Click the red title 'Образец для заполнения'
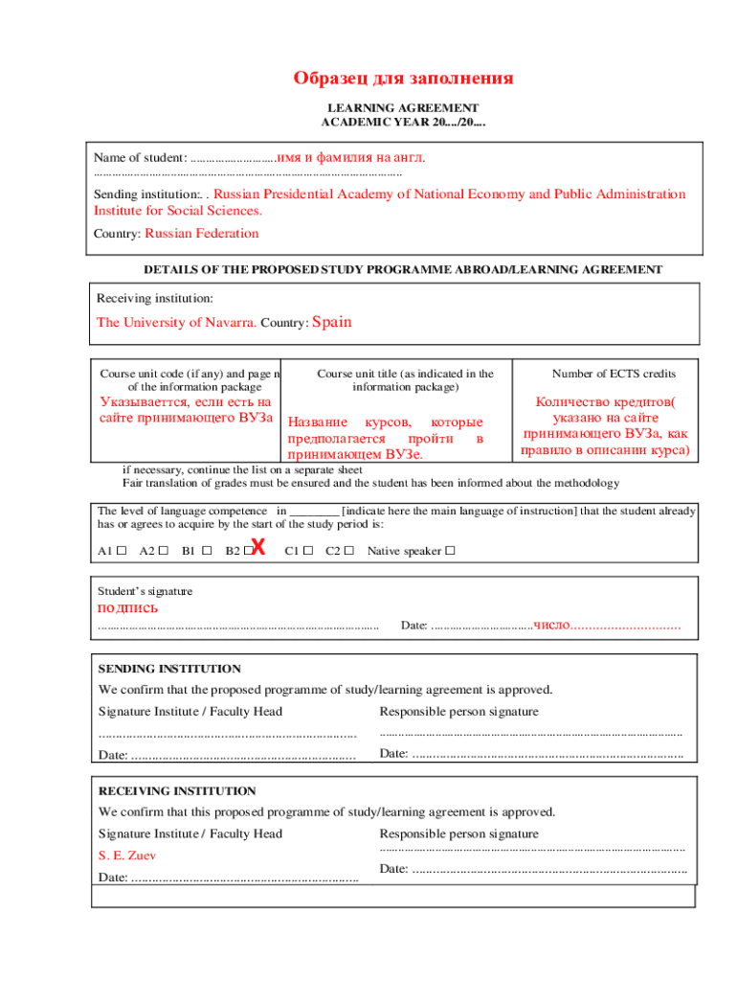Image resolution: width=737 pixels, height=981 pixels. coord(403,79)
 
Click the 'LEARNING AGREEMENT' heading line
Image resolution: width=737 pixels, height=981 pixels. coord(403,108)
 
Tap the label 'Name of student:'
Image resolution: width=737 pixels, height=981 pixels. coord(140,157)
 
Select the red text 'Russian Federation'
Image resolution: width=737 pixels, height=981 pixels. coord(201,233)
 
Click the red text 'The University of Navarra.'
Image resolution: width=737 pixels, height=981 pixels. coord(176,323)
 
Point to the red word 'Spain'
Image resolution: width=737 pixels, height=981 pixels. coord(332,322)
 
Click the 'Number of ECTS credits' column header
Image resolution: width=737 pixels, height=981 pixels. coord(614,374)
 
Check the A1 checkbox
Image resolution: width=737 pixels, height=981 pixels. coord(122,551)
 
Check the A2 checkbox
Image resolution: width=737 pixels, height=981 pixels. coord(163,551)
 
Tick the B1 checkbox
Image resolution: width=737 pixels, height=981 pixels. coord(206,551)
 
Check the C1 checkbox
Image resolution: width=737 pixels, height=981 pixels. coord(308,551)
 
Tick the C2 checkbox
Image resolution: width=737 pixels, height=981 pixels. coord(349,551)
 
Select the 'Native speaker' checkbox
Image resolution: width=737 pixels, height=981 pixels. coord(450,551)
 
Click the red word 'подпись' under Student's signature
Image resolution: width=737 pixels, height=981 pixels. coord(128,608)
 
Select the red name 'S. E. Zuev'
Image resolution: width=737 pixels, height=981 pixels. coord(127,855)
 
